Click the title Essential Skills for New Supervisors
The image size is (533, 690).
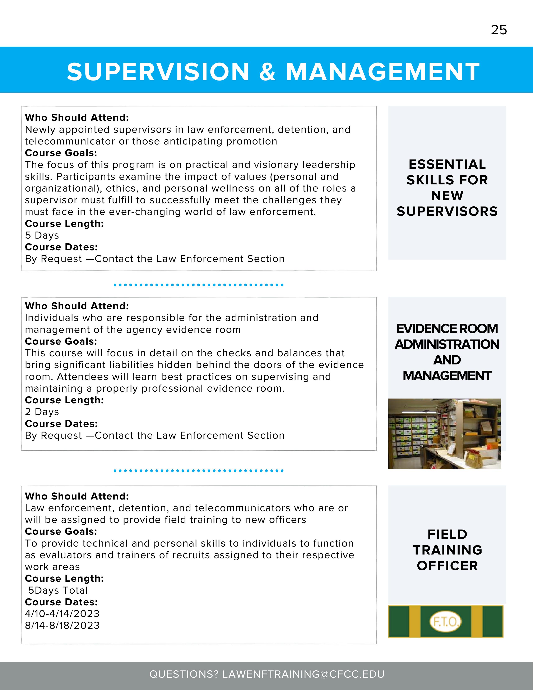(x=447, y=188)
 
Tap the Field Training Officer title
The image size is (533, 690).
(x=447, y=550)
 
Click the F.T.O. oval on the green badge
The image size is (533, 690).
(x=445, y=622)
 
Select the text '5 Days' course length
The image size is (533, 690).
(x=42, y=235)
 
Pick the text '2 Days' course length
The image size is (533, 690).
(x=42, y=412)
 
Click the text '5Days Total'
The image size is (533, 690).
(x=58, y=590)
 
